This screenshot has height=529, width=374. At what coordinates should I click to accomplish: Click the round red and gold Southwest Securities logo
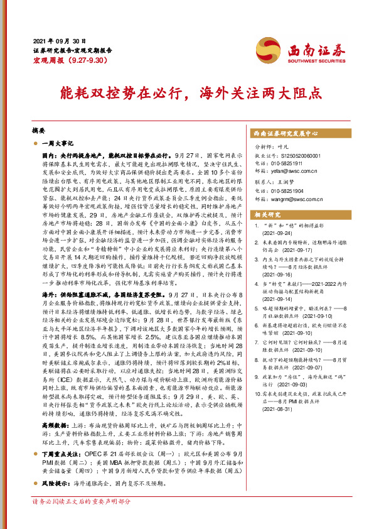pos(266,47)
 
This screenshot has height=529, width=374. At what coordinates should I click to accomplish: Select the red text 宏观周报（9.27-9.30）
pos(61,62)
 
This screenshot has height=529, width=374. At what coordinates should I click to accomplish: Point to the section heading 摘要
pos(38,131)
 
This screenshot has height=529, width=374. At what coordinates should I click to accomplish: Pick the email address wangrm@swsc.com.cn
pos(296,199)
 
